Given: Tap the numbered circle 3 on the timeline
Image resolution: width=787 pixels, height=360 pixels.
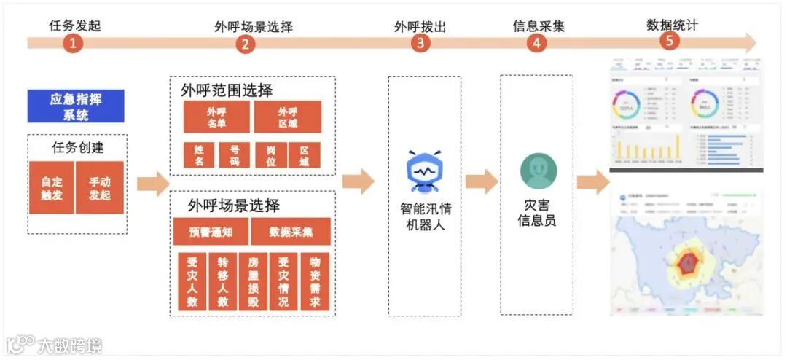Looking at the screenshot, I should pyautogui.click(x=420, y=42).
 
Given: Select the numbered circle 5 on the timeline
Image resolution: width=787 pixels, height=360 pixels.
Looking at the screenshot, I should pyautogui.click(x=670, y=41).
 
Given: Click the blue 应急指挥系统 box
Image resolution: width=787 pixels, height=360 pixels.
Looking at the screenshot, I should pyautogui.click(x=75, y=106).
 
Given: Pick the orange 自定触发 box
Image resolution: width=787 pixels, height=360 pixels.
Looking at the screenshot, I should pyautogui.click(x=51, y=188).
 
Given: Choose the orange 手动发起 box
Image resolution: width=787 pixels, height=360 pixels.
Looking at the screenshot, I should pyautogui.click(x=100, y=188).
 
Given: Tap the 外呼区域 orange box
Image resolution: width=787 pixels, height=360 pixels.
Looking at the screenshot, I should pyautogui.click(x=287, y=117).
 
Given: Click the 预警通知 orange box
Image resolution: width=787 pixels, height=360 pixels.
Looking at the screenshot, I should pyautogui.click(x=211, y=232).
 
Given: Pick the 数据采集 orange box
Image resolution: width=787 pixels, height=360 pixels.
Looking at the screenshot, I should pyautogui.click(x=291, y=232).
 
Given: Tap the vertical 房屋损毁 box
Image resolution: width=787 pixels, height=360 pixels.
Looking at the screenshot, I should pyautogui.click(x=254, y=282).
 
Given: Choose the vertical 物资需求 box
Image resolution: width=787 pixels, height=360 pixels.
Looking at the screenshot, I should pyautogui.click(x=315, y=282).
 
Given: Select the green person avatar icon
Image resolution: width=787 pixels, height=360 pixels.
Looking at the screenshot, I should pyautogui.click(x=538, y=172).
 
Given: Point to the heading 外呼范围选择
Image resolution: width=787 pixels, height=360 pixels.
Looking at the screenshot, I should pyautogui.click(x=227, y=91).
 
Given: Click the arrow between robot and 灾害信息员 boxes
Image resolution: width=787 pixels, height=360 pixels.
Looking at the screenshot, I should pyautogui.click(x=481, y=181).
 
